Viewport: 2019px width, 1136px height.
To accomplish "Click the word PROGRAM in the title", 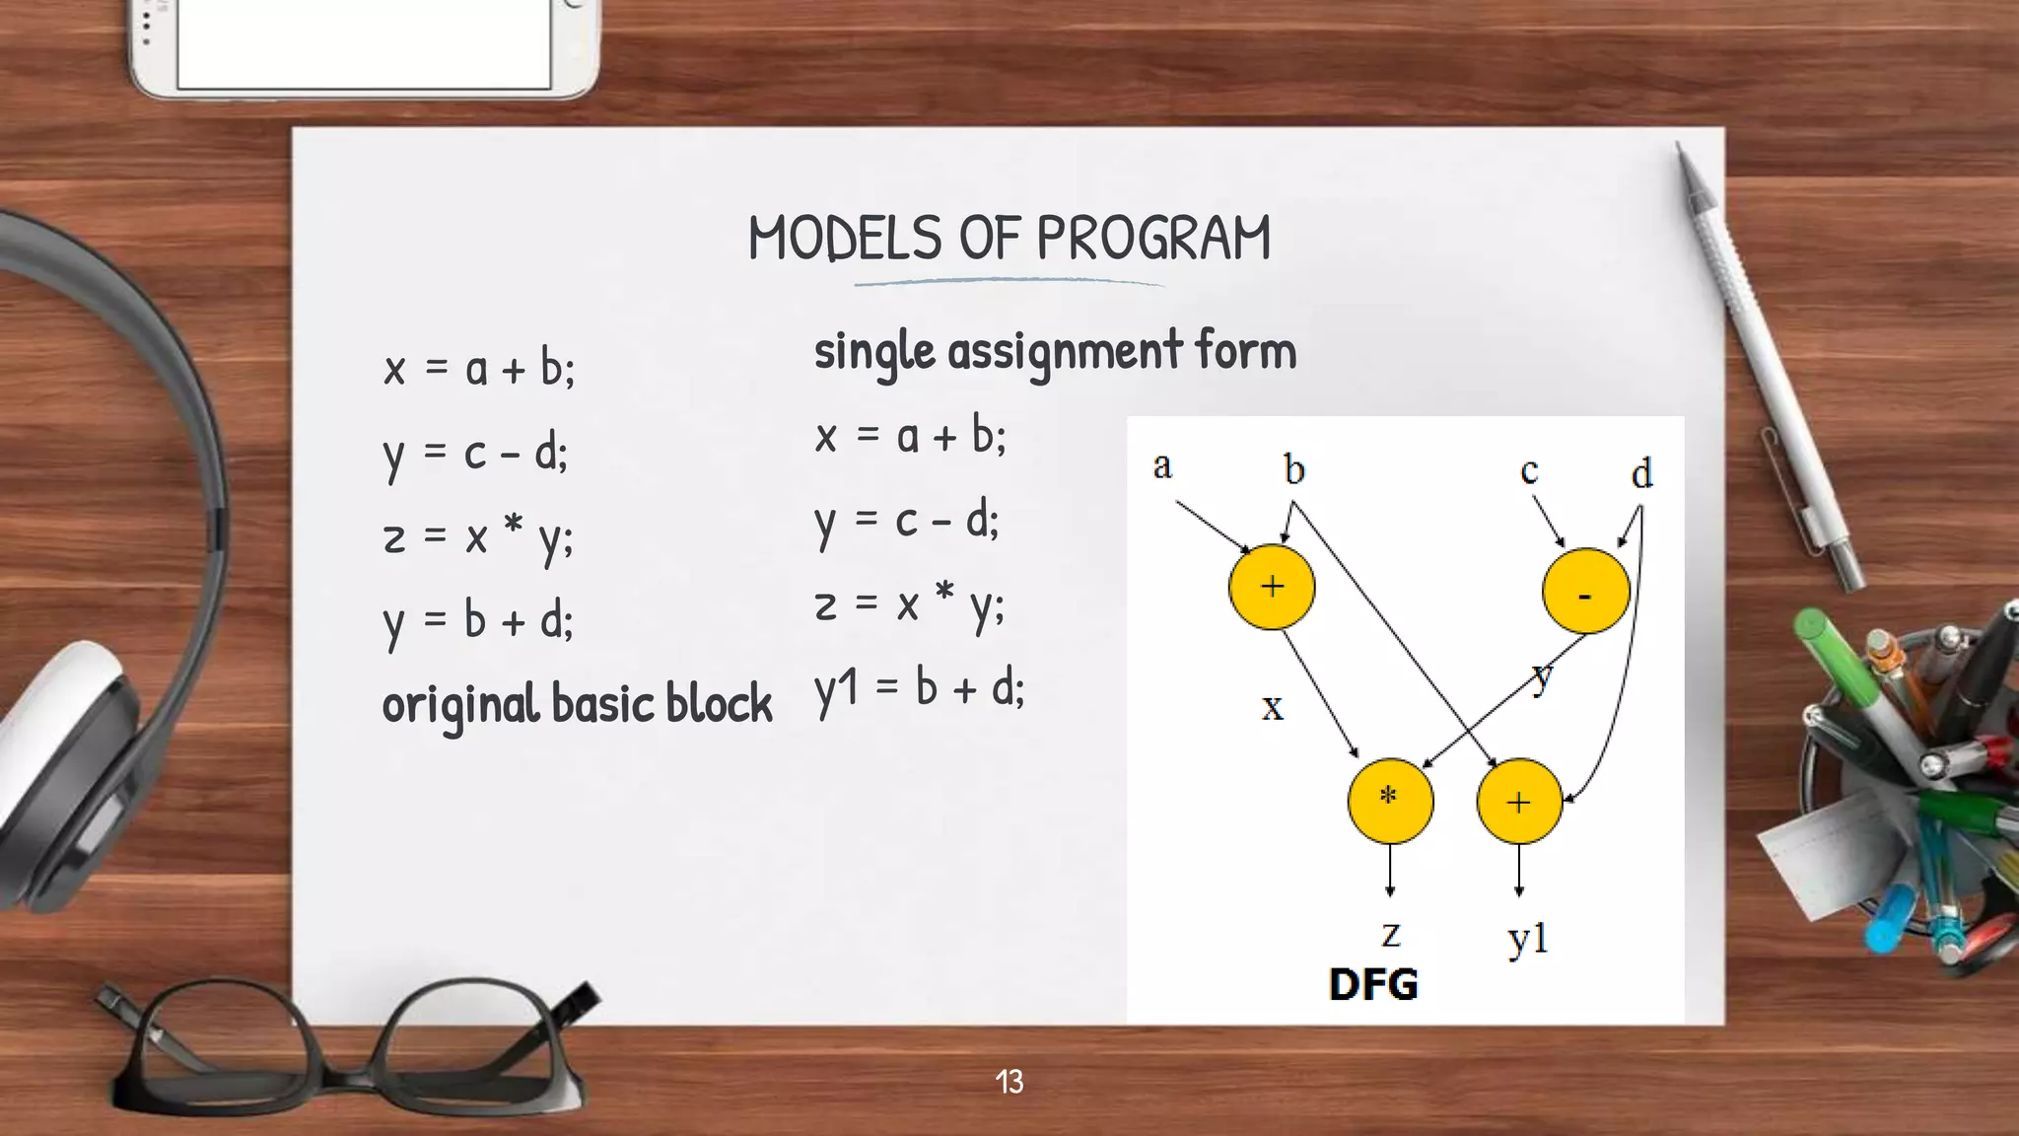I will (x=1152, y=239).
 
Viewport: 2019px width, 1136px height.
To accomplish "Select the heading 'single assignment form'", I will (x=1055, y=351).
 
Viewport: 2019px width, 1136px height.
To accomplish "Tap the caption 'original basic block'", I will (x=577, y=704).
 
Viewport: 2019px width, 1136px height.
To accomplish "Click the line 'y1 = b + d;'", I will (x=919, y=688).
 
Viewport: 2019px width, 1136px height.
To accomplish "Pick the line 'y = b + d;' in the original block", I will (x=478, y=621).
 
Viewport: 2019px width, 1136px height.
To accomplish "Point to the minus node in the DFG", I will (x=1585, y=592).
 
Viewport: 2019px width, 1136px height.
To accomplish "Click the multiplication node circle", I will (x=1390, y=800).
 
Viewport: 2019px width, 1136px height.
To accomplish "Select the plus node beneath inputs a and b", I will (x=1272, y=587).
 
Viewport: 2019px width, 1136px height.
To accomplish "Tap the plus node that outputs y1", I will (x=1519, y=801).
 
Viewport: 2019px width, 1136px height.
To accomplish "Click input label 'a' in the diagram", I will (x=1162, y=465).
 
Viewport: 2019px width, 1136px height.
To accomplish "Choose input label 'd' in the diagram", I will (x=1641, y=474).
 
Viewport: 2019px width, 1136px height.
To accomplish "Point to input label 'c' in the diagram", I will (x=1529, y=471).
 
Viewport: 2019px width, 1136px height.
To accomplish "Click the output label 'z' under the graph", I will (x=1390, y=933).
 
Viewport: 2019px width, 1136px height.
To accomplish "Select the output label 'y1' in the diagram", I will (x=1528, y=938).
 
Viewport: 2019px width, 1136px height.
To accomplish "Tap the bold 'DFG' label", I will (x=1373, y=984).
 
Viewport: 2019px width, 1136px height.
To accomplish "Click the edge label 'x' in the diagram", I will (x=1273, y=707).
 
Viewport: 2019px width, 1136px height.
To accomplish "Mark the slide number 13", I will (x=1009, y=1082).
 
